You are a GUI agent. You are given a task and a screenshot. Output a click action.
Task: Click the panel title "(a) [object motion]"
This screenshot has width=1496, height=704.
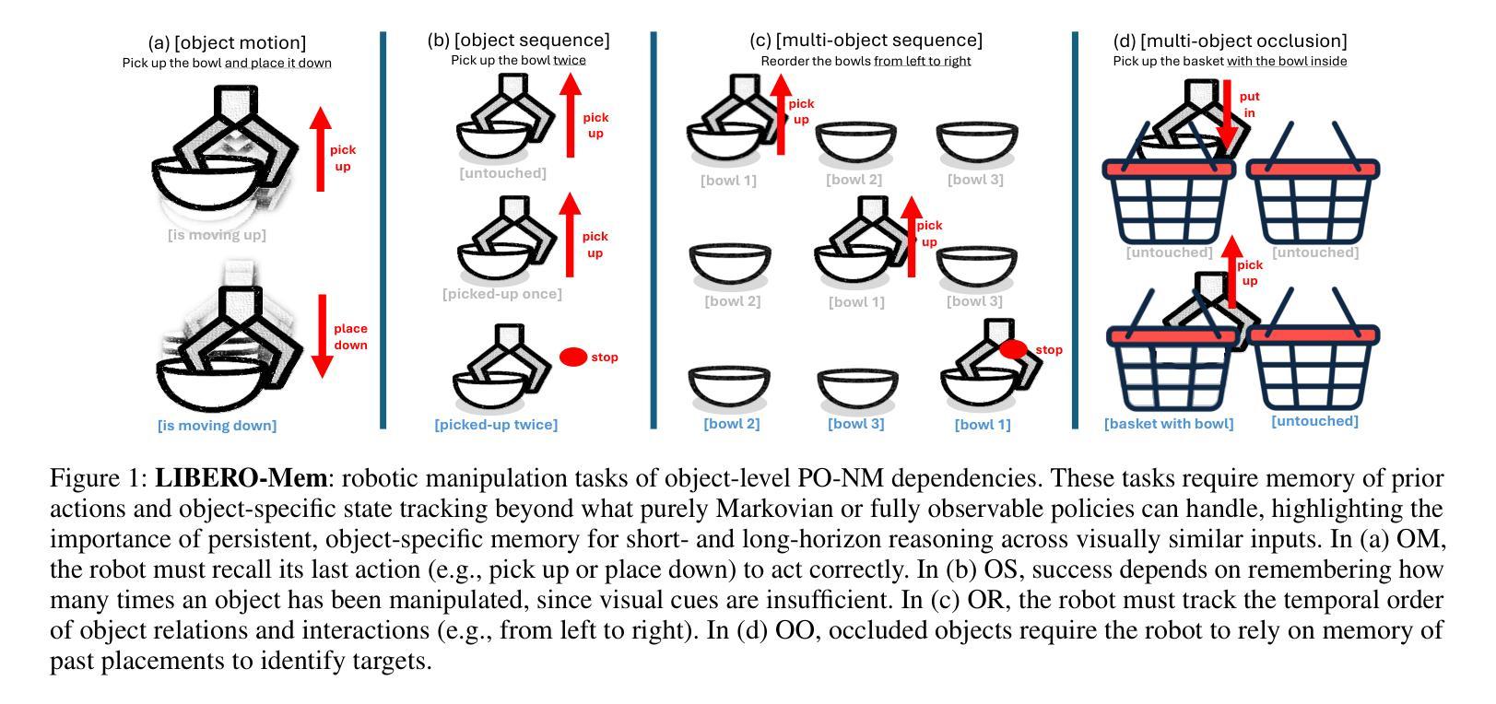(x=227, y=43)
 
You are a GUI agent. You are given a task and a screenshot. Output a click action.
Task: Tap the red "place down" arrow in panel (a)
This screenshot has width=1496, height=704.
(x=321, y=335)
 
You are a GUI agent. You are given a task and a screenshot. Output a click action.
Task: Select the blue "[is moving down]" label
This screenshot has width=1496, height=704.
(x=217, y=425)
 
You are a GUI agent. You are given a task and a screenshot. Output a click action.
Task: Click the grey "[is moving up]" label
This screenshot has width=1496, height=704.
(x=217, y=235)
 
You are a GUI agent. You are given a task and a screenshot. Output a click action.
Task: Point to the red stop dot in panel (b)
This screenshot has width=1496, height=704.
(x=573, y=358)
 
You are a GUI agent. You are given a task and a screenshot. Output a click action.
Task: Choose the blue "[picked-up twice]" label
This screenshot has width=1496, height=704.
(x=496, y=425)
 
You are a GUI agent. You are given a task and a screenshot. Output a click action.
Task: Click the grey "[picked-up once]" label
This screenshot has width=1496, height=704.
(x=501, y=294)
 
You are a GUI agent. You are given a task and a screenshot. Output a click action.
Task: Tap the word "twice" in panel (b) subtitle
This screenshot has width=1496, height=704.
(x=569, y=61)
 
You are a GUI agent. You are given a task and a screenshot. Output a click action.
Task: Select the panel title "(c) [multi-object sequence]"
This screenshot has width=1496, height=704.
(x=866, y=41)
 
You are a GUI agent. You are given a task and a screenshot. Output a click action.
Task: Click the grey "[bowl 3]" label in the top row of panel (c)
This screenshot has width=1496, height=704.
(x=975, y=180)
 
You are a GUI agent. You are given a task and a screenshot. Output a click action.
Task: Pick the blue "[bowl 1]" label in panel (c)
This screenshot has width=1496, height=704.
(x=983, y=425)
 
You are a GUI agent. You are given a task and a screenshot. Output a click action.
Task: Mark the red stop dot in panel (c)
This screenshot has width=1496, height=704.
(x=1014, y=349)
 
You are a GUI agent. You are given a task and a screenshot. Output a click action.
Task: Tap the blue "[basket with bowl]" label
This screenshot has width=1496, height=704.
(x=1169, y=424)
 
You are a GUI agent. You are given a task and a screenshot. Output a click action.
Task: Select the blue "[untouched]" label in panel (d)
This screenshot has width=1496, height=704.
(x=1314, y=421)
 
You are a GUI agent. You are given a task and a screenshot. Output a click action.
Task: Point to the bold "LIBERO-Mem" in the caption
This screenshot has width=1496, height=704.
(x=241, y=478)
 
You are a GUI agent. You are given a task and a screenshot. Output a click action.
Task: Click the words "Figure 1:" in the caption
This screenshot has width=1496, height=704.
(x=99, y=478)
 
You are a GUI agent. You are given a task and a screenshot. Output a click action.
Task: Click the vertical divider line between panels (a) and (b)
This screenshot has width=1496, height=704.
(x=383, y=230)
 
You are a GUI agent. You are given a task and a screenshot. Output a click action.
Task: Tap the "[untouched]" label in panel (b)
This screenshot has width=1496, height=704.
(x=502, y=173)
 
